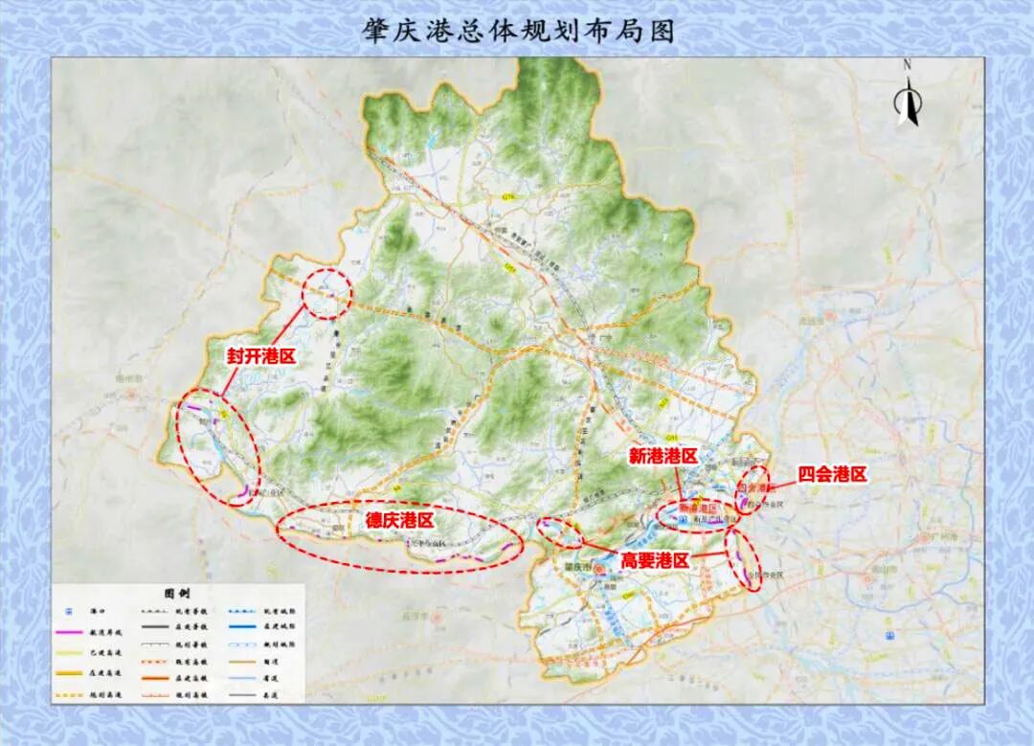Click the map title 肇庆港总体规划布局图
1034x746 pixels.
click(x=518, y=31)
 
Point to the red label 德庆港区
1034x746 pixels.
click(x=399, y=521)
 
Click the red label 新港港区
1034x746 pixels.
click(x=663, y=457)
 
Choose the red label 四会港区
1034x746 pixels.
click(x=833, y=475)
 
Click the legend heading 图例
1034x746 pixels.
click(x=178, y=594)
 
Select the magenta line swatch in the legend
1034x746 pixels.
click(x=69, y=633)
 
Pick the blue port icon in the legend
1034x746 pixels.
click(x=68, y=611)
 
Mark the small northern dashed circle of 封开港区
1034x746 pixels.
click(x=326, y=294)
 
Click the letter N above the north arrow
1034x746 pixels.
click(x=907, y=64)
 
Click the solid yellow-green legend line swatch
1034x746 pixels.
click(x=69, y=654)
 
